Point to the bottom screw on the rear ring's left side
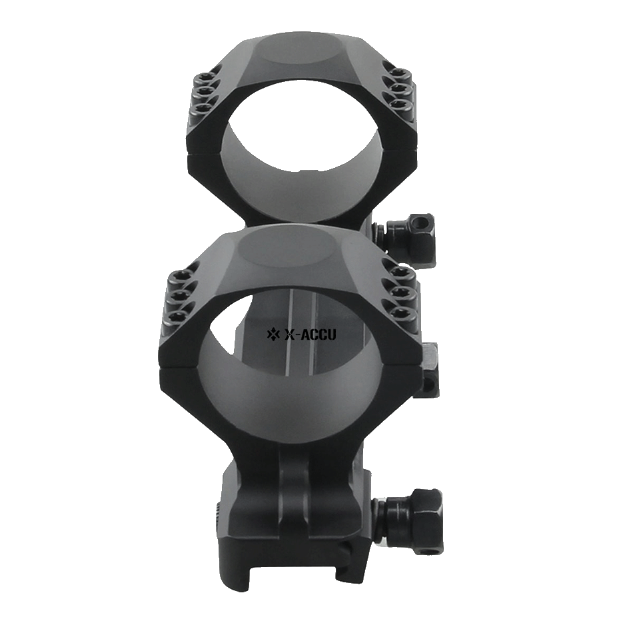(199, 108)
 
